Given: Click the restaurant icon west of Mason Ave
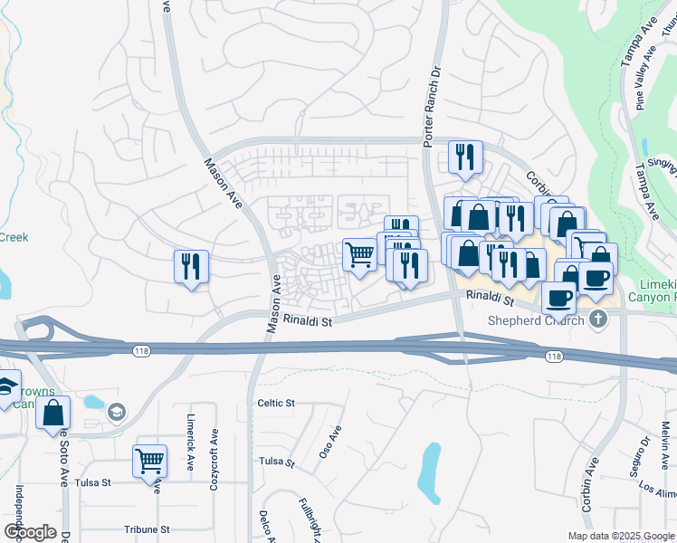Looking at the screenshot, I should click(x=191, y=267).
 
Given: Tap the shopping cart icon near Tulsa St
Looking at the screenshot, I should click(x=149, y=460).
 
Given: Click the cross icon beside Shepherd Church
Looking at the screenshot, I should click(x=596, y=319).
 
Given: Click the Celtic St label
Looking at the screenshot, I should click(x=276, y=403).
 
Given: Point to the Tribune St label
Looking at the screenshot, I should click(x=148, y=529).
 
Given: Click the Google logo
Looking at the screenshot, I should click(x=30, y=531).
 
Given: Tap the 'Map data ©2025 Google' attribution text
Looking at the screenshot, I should click(x=621, y=536).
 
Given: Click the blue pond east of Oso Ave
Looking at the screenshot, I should click(x=430, y=471).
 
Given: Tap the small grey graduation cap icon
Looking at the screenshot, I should click(x=116, y=413).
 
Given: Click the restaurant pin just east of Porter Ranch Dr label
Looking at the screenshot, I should click(x=465, y=157).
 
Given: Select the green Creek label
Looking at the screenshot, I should click(x=14, y=237).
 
